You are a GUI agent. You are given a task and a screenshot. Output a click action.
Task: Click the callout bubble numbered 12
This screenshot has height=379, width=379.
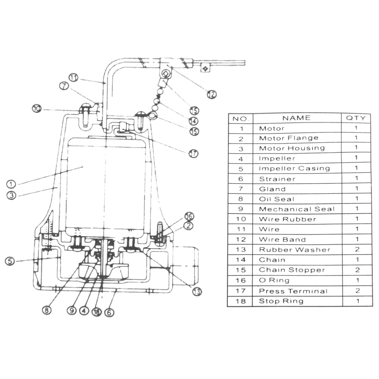211,94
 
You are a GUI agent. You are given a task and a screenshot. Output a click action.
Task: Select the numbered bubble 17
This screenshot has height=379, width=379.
193,153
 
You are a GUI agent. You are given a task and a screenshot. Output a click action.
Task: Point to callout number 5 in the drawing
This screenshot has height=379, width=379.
10,261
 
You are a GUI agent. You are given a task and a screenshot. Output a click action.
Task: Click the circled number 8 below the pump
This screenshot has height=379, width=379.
46,311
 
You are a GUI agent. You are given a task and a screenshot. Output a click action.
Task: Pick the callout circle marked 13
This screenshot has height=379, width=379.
197,292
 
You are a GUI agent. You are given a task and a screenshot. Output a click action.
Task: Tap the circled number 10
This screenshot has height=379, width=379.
36,109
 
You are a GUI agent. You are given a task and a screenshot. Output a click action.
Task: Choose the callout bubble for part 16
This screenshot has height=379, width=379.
189,216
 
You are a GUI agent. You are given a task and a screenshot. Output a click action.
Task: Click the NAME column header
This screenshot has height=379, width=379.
296,118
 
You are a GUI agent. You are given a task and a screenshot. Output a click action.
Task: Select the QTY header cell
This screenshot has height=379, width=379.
356,118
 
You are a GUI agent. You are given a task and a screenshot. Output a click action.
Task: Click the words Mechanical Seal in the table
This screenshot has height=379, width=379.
296,209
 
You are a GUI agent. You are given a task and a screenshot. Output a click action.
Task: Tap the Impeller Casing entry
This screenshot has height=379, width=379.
294,168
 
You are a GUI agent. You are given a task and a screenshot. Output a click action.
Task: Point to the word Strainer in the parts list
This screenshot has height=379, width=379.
277,179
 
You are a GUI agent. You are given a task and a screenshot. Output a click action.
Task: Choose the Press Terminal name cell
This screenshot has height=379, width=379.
293,291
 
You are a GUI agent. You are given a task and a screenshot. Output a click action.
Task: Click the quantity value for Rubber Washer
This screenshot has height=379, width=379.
357,249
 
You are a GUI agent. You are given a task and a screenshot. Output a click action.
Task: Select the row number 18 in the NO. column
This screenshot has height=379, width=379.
241,301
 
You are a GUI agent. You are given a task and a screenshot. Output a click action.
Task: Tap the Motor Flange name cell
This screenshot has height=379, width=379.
288,138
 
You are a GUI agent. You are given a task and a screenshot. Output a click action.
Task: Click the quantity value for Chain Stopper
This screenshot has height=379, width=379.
357,270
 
